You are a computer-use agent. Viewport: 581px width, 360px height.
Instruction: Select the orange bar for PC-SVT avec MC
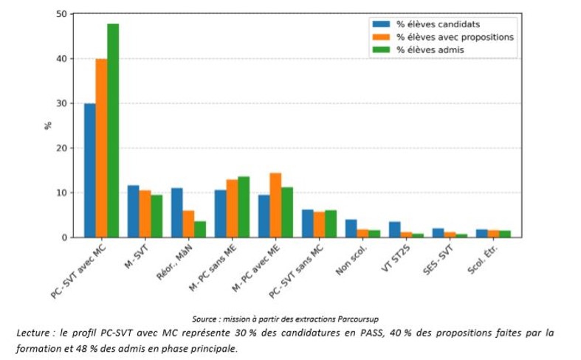coord(101,148)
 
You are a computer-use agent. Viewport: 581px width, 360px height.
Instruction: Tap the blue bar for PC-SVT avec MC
coord(89,170)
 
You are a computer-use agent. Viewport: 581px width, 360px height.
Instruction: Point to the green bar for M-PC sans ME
coord(244,207)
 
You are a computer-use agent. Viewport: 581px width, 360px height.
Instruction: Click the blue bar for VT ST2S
coord(394,229)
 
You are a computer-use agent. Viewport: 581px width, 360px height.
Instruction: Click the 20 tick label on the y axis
coord(61,148)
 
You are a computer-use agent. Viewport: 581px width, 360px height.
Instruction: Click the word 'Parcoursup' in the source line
coord(360,319)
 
